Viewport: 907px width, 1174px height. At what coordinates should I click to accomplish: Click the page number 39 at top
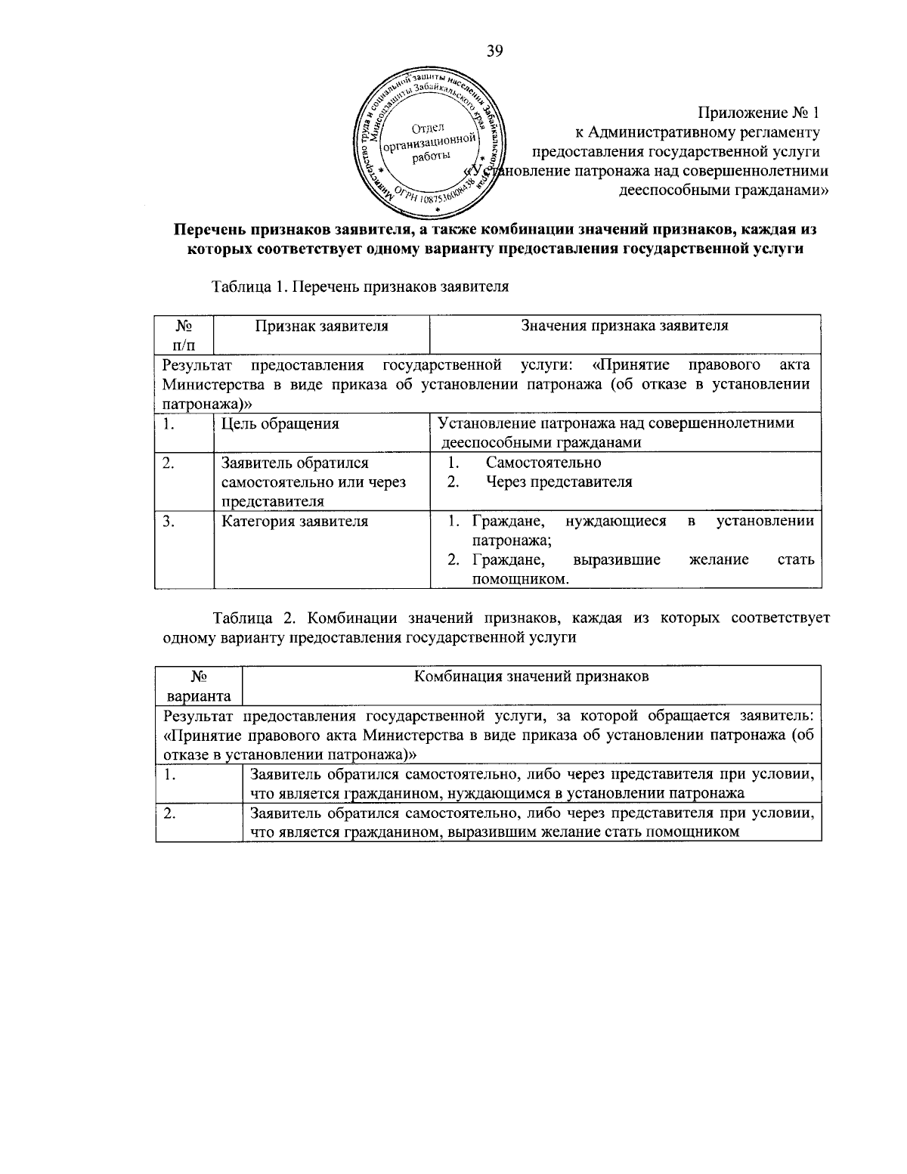(494, 51)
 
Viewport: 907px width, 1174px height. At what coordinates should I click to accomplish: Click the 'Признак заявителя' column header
(321, 326)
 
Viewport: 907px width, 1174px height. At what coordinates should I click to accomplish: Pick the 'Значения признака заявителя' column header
(624, 326)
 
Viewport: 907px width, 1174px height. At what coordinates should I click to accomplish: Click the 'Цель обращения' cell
(280, 423)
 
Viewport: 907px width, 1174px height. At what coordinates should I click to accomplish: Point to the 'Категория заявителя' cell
(294, 521)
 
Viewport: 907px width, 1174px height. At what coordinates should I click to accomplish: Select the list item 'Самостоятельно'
(543, 463)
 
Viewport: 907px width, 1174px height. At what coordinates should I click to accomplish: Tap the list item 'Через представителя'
(559, 482)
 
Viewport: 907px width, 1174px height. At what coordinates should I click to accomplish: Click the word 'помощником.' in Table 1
(520, 580)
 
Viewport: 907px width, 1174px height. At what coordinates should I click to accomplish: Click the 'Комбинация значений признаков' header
(531, 677)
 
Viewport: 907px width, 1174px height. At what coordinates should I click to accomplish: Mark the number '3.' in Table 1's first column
(169, 521)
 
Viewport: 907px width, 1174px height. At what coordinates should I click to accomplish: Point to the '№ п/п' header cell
(184, 335)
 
